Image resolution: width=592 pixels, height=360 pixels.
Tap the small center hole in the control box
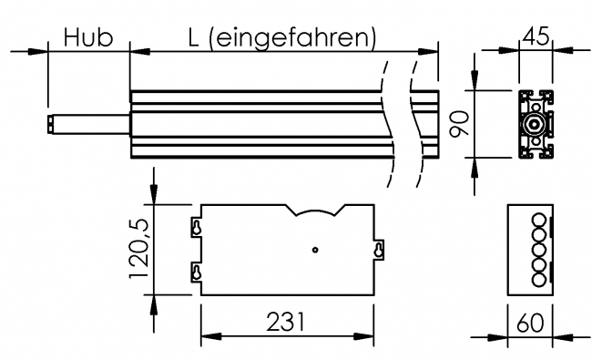(x=313, y=249)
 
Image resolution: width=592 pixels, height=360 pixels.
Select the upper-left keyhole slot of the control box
(x=195, y=228)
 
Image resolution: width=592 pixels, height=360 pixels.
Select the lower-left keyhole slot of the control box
(x=195, y=271)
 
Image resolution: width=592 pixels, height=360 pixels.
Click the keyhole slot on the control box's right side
(x=379, y=249)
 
